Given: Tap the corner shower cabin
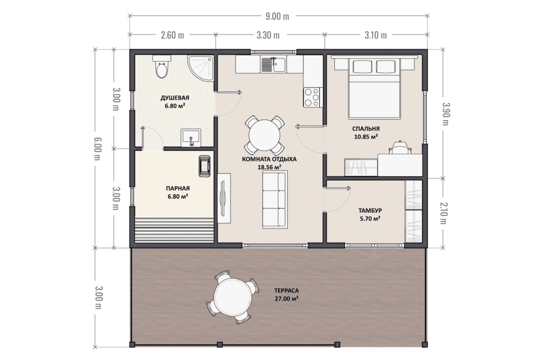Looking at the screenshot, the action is tap(201, 68).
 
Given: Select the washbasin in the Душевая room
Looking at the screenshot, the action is tap(191, 138).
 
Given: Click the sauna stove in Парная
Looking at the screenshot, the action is tap(204, 167).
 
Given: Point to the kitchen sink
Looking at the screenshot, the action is tap(274, 64).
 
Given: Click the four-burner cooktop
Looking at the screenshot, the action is tap(312, 97).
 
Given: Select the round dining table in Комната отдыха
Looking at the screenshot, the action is tap(265, 135).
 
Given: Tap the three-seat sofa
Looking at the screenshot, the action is tap(275, 200).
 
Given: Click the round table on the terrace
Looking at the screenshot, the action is tap(233, 297).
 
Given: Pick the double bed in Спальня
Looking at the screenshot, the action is tap(374, 88).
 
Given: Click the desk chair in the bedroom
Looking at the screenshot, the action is tap(400, 147).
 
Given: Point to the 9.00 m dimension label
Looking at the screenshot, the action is tap(278, 16).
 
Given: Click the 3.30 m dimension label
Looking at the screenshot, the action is tap(268, 35).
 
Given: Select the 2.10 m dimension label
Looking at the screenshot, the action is tap(444, 213).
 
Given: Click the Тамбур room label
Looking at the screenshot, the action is tap(370, 210).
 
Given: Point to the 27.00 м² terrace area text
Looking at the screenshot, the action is tap(286, 299).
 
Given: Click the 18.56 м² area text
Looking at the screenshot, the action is tap(269, 167).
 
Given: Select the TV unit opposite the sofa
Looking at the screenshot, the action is tap(224, 199).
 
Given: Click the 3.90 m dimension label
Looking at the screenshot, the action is tap(446, 114).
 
